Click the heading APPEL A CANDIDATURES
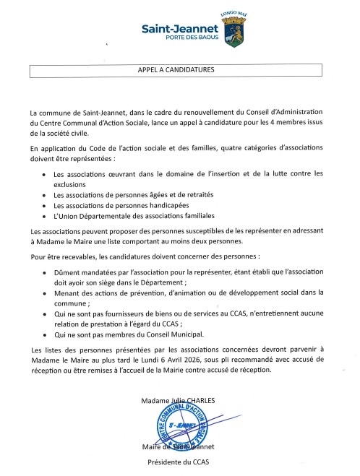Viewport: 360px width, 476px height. click(176, 70)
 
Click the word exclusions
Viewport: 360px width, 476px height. click(70, 184)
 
